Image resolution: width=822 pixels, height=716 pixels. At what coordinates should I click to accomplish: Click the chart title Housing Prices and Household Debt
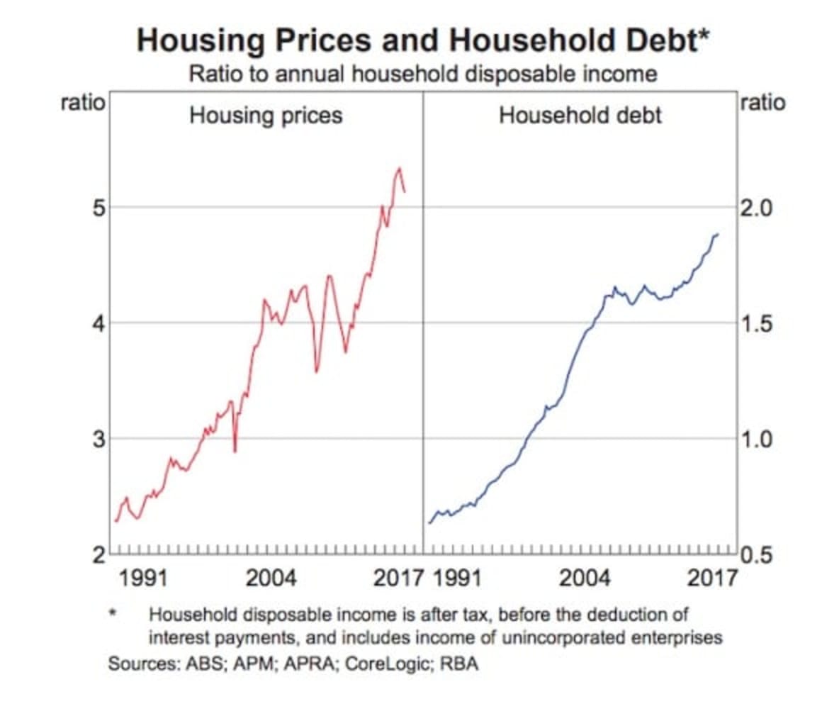coord(422,40)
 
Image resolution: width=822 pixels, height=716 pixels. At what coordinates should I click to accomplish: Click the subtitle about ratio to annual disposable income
coord(422,74)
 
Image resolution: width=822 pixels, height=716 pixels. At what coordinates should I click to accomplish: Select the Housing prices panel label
coord(266,115)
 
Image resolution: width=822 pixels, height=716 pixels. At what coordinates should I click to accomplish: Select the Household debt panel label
coord(580,115)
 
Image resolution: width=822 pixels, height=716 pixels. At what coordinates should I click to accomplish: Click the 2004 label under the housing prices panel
coord(271,578)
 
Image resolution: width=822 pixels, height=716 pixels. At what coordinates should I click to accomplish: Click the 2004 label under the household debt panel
coord(585,578)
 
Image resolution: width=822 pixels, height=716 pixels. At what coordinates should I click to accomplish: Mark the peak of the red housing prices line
coord(400,168)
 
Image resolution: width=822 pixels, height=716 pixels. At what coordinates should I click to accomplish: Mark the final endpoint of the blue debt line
coord(718,234)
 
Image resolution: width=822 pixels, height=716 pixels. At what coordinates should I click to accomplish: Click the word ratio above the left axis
coord(84,103)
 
